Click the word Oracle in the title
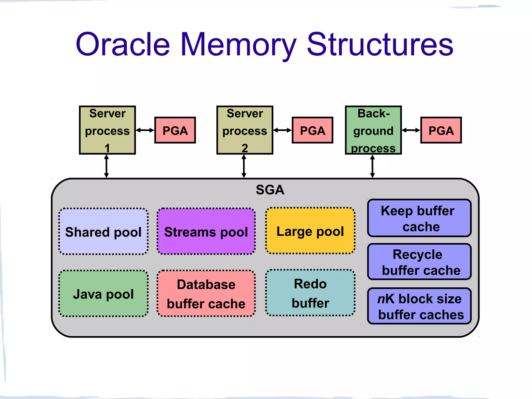tap(123, 44)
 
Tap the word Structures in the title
tap(380, 44)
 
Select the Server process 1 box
tap(107, 130)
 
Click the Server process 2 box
tap(245, 130)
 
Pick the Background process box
tap(373, 130)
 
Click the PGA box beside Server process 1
tap(175, 130)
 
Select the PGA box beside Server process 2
tap(312, 130)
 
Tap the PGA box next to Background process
tap(441, 130)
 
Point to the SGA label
tap(270, 190)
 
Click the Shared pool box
tap(103, 231)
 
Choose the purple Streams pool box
tap(206, 231)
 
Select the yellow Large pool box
tap(310, 231)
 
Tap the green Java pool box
tap(103, 294)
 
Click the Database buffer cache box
tap(206, 294)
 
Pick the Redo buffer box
tap(310, 293)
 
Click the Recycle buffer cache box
tap(419, 262)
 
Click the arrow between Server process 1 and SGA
tap(107, 166)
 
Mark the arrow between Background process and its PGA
tap(411, 130)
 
